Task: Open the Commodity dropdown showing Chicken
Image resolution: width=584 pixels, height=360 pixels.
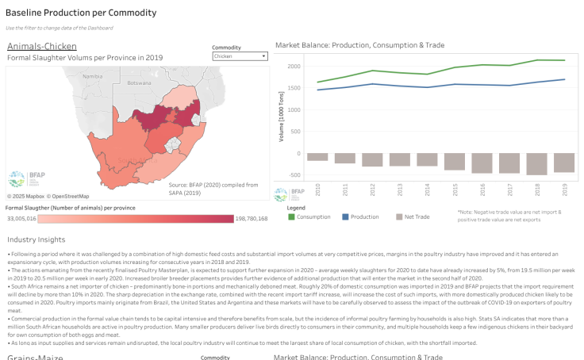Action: [240, 56]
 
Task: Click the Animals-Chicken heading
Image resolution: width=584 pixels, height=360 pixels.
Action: [36, 46]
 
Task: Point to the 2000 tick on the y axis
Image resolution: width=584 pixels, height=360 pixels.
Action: [294, 66]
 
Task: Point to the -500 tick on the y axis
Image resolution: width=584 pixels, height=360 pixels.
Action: [294, 175]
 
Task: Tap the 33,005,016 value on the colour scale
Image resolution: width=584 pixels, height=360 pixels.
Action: [21, 218]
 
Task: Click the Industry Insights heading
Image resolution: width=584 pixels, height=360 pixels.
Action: [36, 239]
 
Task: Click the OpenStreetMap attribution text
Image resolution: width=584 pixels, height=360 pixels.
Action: [67, 196]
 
